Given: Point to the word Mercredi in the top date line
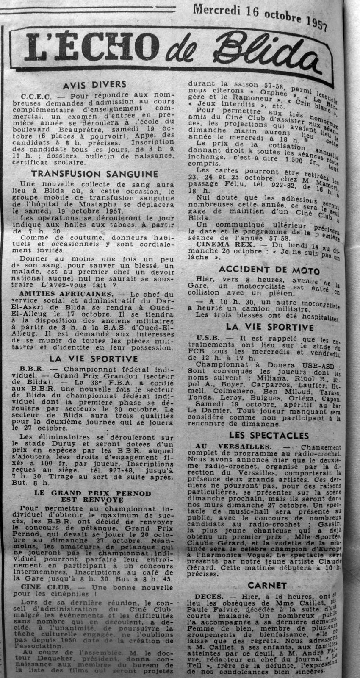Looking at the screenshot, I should pyautogui.click(x=220, y=9).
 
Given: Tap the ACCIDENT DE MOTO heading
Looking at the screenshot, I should pyautogui.click(x=269, y=270).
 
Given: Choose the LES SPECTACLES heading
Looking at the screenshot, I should pyautogui.click(x=269, y=435).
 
